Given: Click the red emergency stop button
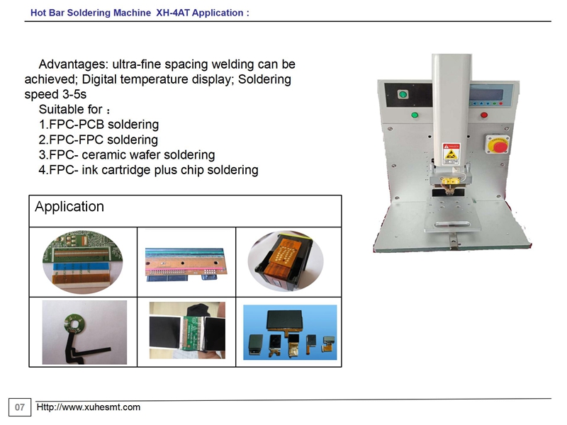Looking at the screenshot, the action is tap(500, 147).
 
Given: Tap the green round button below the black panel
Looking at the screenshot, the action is tap(415, 115).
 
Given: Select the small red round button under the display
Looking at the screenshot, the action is tap(484, 115).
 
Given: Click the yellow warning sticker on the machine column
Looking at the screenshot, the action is tap(451, 154).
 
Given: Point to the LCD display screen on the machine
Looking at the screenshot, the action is tap(486, 95).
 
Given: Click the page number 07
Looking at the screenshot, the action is tap(20, 407).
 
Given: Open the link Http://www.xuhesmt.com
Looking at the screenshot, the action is tap(88, 407).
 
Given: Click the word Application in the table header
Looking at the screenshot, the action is tap(69, 206).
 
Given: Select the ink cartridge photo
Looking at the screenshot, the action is tap(286, 261).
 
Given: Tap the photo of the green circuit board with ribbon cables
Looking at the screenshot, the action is tap(83, 262).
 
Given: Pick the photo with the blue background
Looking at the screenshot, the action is tap(290, 332).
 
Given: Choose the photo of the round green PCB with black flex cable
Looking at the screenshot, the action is tap(84, 332).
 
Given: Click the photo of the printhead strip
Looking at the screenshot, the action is tap(186, 264).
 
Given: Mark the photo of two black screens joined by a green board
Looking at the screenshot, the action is tap(187, 330).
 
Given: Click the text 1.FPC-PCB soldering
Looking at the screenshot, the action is tap(99, 125).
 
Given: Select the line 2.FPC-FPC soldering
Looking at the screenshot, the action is tap(99, 140).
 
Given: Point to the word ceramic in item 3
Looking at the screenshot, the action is tap(103, 154).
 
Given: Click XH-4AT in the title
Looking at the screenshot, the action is tap(173, 13).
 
